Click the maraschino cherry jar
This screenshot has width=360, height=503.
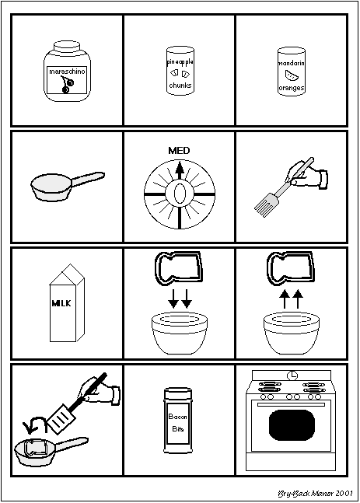click(x=67, y=72)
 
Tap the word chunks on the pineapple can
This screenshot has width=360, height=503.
click(x=180, y=86)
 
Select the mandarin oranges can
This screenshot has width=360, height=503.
click(x=292, y=72)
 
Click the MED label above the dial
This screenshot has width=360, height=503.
click(x=179, y=151)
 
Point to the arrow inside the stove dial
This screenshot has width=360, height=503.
click(x=180, y=170)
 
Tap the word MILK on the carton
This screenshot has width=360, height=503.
click(x=61, y=303)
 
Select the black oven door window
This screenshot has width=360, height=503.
click(x=292, y=424)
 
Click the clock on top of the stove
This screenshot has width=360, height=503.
click(x=292, y=375)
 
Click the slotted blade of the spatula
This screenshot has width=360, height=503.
click(x=61, y=417)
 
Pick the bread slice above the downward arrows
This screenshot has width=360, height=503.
click(x=179, y=268)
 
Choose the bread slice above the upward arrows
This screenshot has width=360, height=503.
click(x=291, y=268)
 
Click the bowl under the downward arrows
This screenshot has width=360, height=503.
click(x=180, y=334)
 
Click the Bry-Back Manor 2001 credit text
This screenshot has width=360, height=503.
click(x=315, y=494)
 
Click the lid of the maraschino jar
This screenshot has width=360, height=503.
click(x=67, y=46)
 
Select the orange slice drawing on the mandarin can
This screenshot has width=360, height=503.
click(x=292, y=75)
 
